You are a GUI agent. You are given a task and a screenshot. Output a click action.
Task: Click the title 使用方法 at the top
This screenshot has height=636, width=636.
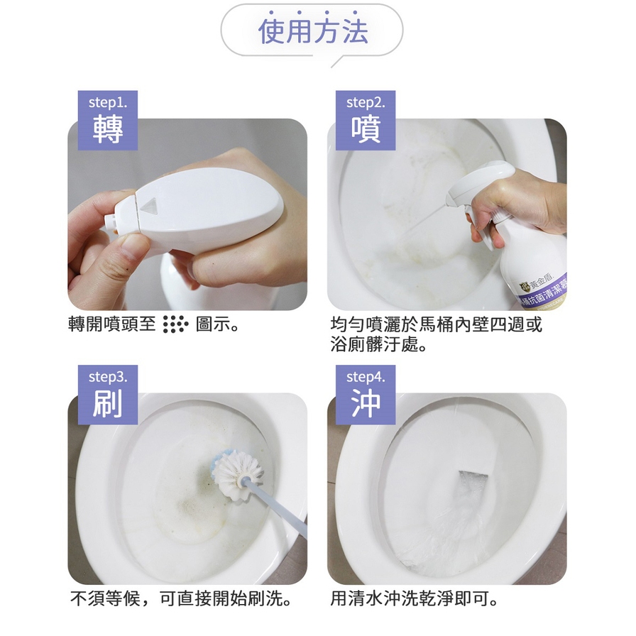pyautogui.click(x=313, y=31)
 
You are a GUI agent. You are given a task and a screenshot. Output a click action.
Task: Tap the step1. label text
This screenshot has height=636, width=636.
pyautogui.click(x=107, y=103)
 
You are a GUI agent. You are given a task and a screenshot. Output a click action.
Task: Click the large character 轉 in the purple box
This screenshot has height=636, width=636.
pyautogui.click(x=107, y=128)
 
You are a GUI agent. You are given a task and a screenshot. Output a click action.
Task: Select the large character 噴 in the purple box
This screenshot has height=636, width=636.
pyautogui.click(x=366, y=128)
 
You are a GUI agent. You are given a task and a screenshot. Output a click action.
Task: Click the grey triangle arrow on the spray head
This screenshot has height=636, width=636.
pyautogui.click(x=148, y=205)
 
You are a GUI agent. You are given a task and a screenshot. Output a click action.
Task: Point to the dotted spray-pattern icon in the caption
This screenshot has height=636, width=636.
pyautogui.click(x=175, y=324)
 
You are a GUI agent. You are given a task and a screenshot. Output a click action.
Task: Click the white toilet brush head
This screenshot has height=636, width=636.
pyautogui.click(x=238, y=472)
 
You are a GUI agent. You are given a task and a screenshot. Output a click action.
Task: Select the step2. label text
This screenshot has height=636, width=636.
pyautogui.click(x=366, y=103)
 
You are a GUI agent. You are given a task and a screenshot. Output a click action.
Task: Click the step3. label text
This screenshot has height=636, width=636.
pyautogui.click(x=107, y=377)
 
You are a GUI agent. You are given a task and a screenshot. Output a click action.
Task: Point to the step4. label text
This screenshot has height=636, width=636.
pyautogui.click(x=366, y=377)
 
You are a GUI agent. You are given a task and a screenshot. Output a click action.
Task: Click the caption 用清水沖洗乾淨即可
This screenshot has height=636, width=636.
pyautogui.click(x=414, y=598)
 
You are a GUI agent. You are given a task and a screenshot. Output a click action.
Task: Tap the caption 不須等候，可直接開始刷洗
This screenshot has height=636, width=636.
pyautogui.click(x=181, y=598)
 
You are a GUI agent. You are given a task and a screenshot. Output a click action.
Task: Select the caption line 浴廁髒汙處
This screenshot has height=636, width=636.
pyautogui.click(x=378, y=345)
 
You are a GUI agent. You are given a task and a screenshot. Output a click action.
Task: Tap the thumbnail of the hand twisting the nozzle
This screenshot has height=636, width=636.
pyautogui.click(x=187, y=214)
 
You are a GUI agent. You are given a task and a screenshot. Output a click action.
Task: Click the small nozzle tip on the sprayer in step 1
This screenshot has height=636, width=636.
pyautogui.click(x=110, y=221)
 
